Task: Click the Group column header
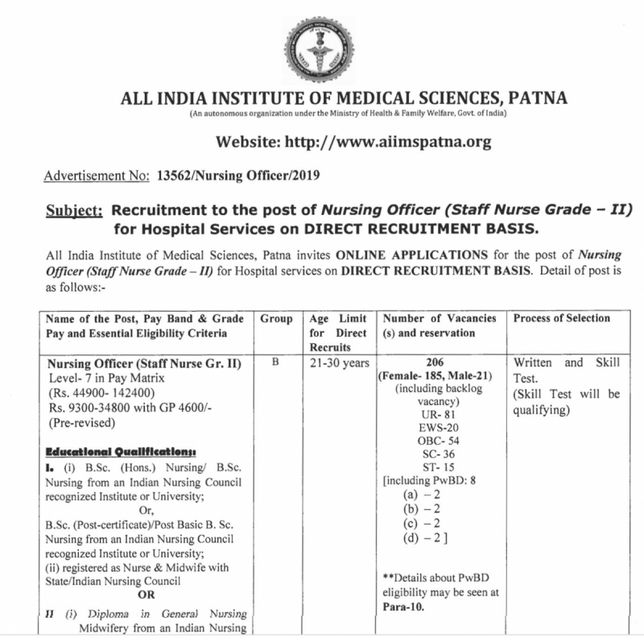[276, 318]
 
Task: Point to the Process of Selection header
[561, 318]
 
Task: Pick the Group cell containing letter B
[275, 362]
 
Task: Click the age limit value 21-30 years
[336, 362]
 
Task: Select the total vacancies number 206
[439, 362]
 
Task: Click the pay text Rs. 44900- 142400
[105, 392]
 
